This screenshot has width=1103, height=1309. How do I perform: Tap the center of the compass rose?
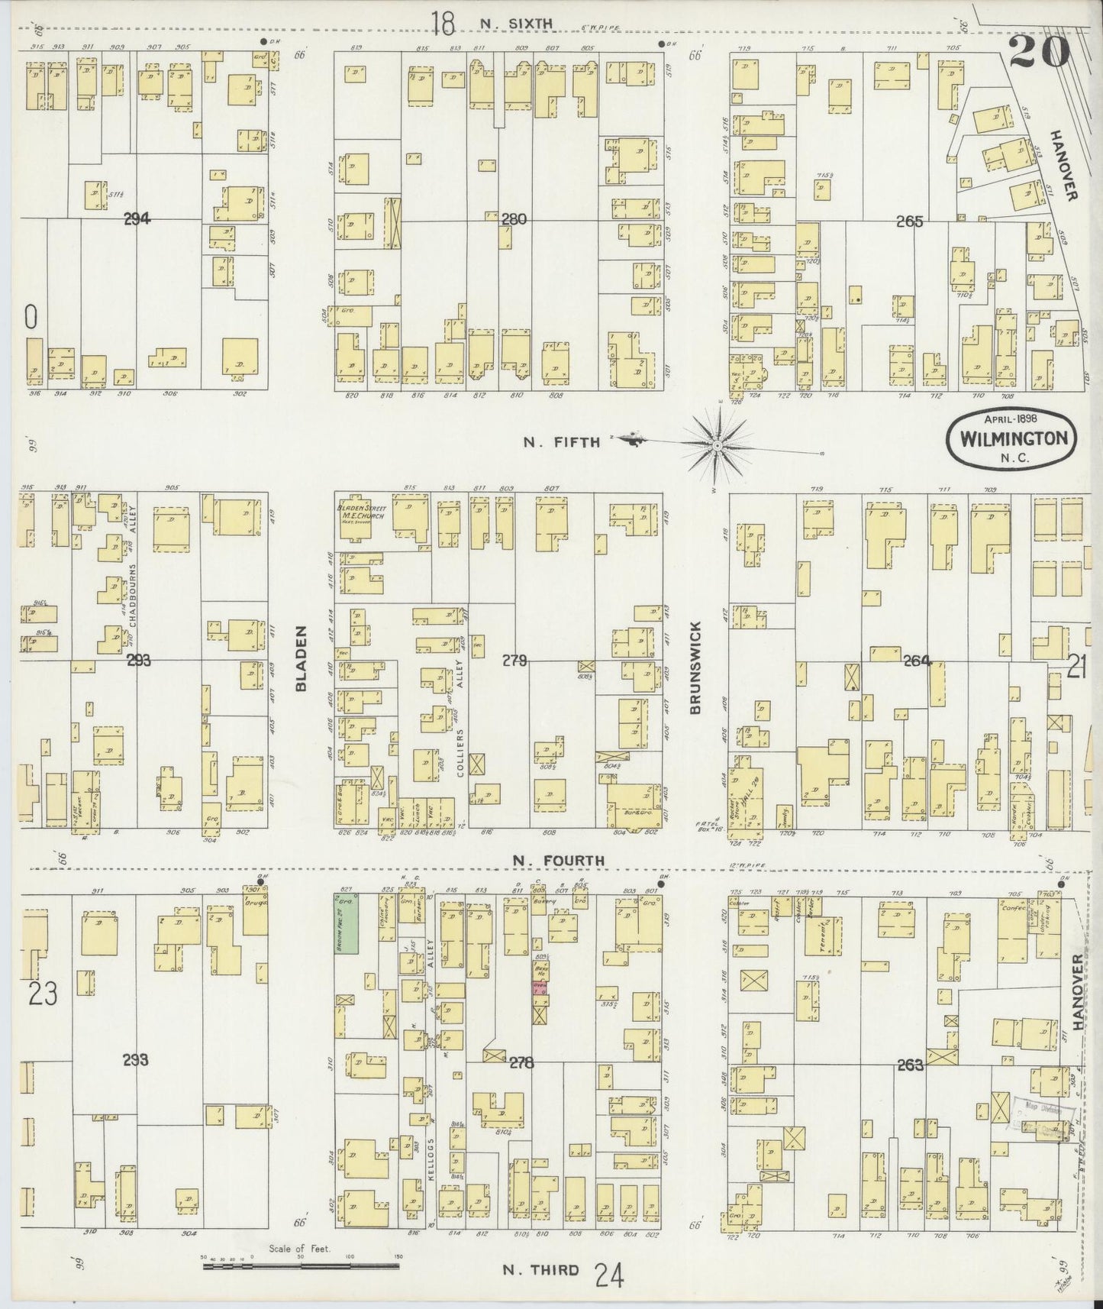(718, 444)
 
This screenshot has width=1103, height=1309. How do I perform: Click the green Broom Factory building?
(347, 924)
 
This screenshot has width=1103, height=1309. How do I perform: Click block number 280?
(514, 220)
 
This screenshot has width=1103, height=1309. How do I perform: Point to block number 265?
(910, 221)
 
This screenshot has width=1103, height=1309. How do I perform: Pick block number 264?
(917, 661)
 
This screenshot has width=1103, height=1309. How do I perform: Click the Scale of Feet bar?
(301, 1266)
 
